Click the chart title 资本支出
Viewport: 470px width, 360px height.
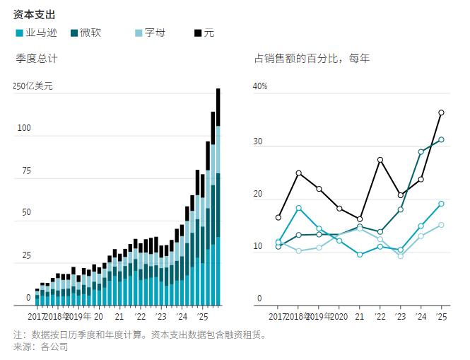point(35,14)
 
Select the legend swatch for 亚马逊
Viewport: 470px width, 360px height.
point(18,33)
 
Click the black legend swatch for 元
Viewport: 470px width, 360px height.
point(197,33)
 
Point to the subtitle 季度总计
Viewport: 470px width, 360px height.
point(37,59)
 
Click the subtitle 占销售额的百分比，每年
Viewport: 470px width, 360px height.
point(312,59)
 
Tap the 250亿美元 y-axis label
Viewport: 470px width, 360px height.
point(33,86)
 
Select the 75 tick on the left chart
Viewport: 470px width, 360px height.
point(25,171)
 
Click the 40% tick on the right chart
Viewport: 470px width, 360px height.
point(260,86)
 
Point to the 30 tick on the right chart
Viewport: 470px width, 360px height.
point(258,141)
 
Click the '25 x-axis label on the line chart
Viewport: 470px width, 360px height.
point(441,317)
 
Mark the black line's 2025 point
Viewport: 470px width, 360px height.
point(441,112)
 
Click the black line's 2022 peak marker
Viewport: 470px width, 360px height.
point(380,160)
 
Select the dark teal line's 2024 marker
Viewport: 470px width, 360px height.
point(421,151)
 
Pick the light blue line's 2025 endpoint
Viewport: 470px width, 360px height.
point(441,225)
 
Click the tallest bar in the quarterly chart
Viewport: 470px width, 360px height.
point(218,197)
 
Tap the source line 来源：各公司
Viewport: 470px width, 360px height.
point(40,347)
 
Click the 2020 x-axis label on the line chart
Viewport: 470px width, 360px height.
point(339,317)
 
